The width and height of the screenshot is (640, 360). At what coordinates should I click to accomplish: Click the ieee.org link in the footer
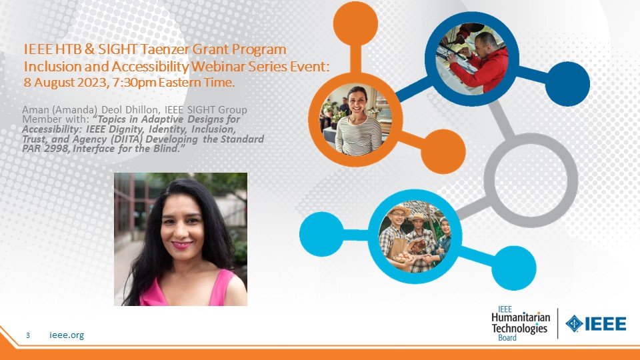(67, 335)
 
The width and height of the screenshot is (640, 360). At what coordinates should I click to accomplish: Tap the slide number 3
(28, 335)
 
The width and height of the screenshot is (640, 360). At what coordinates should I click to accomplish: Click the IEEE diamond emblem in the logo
(574, 324)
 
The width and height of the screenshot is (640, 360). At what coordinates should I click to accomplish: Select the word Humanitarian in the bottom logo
(521, 317)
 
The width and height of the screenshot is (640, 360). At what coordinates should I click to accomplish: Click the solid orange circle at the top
(355, 23)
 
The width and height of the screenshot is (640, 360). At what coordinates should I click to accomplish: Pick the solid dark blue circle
(567, 84)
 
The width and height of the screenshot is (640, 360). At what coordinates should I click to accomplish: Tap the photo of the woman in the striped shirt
(355, 120)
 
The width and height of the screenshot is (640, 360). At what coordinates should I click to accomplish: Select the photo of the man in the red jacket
(472, 59)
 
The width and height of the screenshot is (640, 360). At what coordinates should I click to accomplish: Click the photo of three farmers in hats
(415, 236)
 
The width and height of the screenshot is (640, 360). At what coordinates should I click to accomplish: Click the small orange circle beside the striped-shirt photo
(443, 151)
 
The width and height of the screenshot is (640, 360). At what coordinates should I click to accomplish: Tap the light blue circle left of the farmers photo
(321, 234)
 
